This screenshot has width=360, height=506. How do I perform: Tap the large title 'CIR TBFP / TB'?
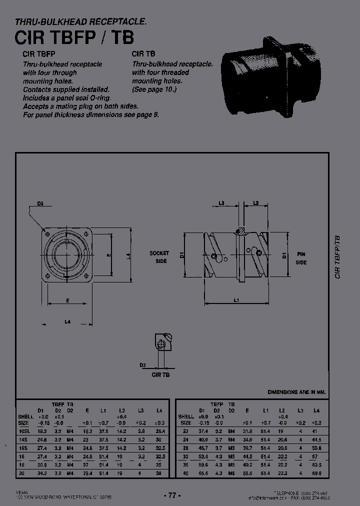[x=74, y=38]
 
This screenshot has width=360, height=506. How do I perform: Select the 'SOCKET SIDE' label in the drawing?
[x=159, y=257]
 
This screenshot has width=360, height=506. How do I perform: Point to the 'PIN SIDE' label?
[x=300, y=258]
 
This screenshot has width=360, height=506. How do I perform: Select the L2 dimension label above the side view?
[x=255, y=202]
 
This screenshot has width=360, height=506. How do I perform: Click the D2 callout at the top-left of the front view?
[x=40, y=203]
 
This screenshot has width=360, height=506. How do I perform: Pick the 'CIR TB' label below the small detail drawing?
[x=161, y=374]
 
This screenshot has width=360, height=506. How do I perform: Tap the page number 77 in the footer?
[x=172, y=495]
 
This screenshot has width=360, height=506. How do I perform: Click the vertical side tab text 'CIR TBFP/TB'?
[x=338, y=257]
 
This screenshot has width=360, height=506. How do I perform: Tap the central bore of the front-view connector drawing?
[x=67, y=254]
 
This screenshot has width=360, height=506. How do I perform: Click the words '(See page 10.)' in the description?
[x=154, y=89]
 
